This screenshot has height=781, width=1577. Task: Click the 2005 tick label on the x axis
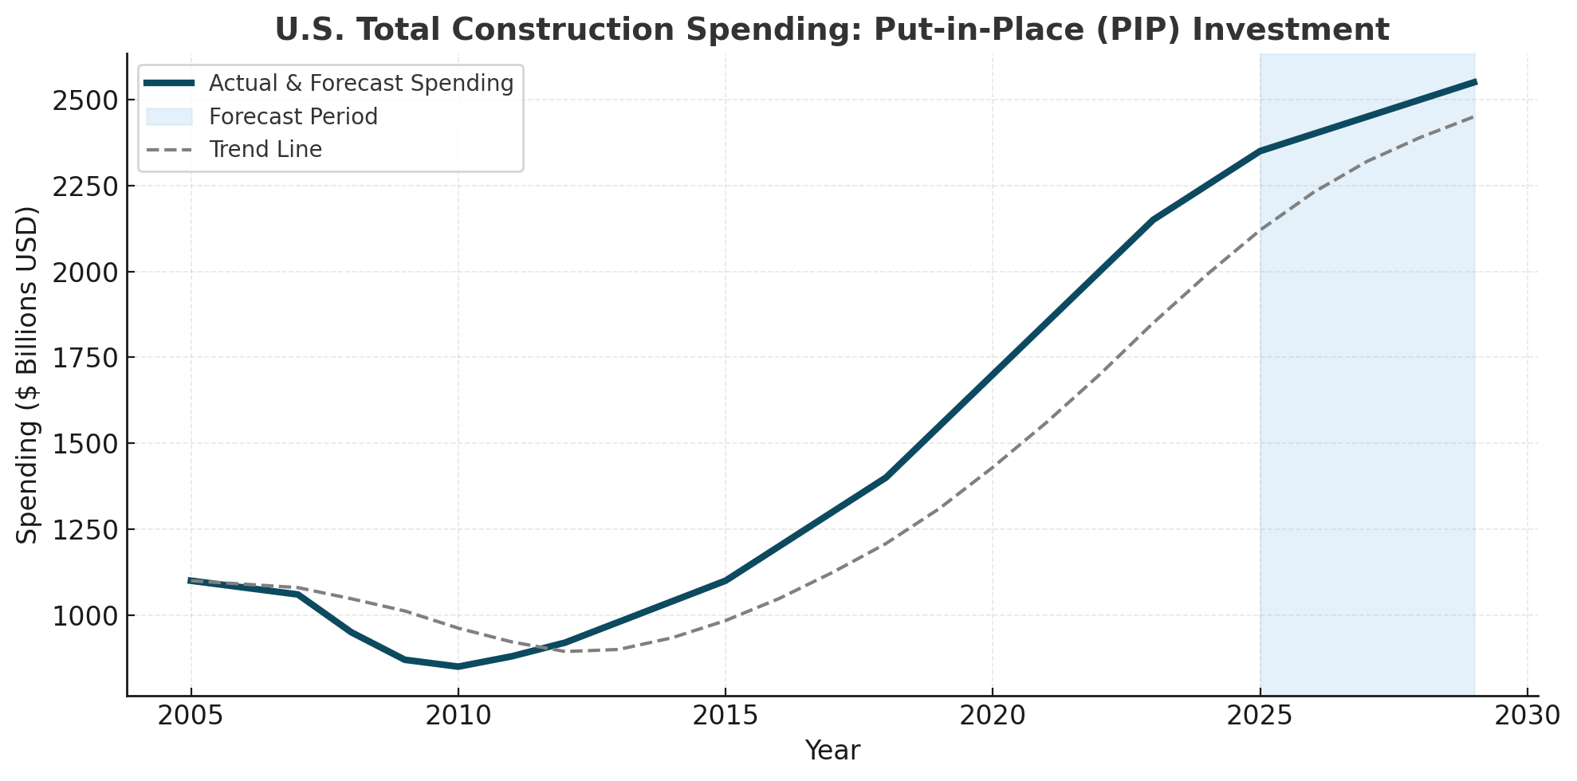191,716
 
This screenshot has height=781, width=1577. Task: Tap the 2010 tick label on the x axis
458,716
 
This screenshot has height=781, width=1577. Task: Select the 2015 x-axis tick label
725,716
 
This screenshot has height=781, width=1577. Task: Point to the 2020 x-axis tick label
993,716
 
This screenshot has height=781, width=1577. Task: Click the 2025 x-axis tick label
1260,716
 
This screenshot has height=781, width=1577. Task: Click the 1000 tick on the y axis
84,616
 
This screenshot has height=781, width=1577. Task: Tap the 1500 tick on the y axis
84,444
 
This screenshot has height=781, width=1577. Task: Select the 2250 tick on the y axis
84,186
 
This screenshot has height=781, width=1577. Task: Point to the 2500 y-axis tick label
84,100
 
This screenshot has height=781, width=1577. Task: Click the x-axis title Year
832,751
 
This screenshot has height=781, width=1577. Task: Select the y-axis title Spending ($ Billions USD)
28,375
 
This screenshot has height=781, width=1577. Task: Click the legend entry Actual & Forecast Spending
360,83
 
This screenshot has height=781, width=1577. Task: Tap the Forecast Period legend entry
293,116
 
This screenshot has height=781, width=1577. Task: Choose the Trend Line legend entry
265,150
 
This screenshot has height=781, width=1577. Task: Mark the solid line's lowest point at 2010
458,666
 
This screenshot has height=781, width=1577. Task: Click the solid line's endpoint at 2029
1474,82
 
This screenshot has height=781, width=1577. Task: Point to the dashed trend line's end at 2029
1473,117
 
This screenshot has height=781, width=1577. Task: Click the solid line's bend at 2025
1260,151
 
